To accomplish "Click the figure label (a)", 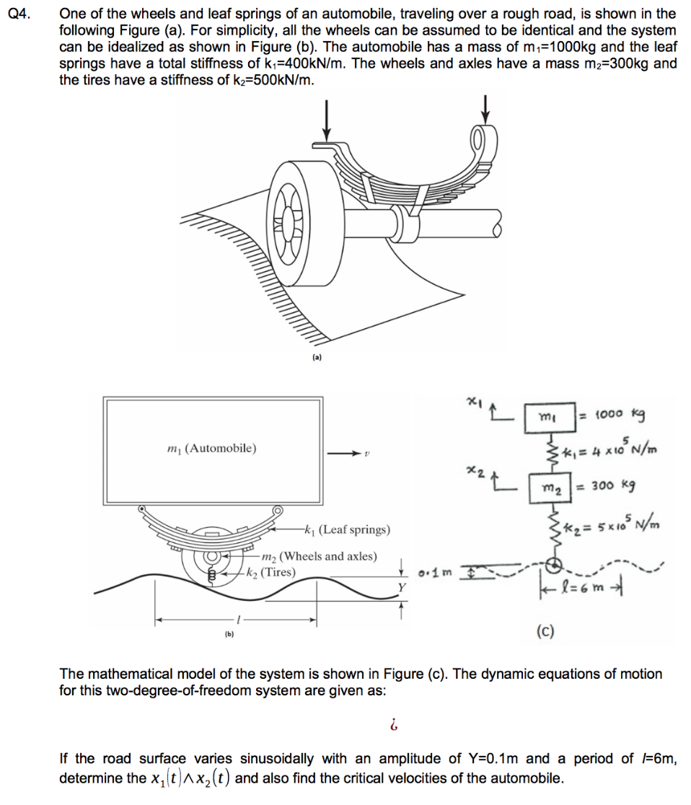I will point(317,357).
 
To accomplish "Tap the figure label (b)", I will point(229,635).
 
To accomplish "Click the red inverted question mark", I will point(393,723).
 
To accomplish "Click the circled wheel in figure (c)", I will point(555,565).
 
